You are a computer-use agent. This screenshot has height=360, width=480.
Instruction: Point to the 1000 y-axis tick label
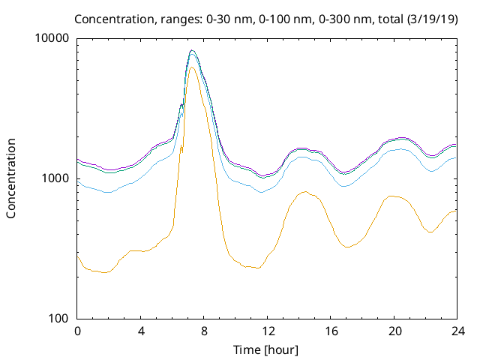click(57, 178)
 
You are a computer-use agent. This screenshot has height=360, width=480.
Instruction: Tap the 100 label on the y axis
click(60, 319)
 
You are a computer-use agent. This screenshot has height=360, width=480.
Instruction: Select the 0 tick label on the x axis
click(77, 331)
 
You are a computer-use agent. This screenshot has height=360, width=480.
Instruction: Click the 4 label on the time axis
click(141, 331)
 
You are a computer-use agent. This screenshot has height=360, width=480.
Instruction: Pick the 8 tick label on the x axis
click(204, 331)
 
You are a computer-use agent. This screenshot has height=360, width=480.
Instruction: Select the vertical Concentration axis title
click(11, 178)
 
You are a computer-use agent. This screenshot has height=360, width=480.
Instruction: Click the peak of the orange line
click(192, 67)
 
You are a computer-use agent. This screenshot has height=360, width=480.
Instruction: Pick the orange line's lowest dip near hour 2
click(105, 272)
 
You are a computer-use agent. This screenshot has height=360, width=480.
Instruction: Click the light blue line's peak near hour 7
click(193, 53)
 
